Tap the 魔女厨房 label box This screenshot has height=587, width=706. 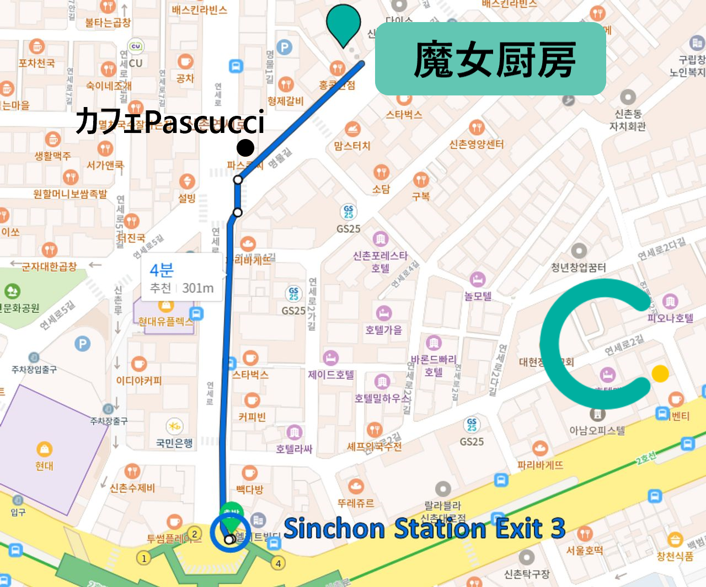(x=490, y=59)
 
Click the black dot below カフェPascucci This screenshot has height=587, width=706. (x=245, y=148)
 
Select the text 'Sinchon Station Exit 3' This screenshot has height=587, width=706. (x=424, y=529)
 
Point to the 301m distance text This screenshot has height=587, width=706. (x=198, y=288)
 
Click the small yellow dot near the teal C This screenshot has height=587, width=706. (x=660, y=373)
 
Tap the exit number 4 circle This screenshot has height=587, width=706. (x=279, y=563)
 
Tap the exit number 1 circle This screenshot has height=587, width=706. (x=144, y=558)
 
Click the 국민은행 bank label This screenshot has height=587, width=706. (x=174, y=442)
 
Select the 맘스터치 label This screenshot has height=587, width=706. (x=352, y=146)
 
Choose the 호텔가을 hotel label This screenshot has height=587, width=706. (x=383, y=330)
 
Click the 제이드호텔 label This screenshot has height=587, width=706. (x=331, y=375)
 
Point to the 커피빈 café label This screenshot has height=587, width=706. (x=252, y=417)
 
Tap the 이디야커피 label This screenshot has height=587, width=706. (x=138, y=381)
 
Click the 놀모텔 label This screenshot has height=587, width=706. (x=478, y=296)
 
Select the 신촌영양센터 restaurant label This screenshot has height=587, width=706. (x=477, y=145)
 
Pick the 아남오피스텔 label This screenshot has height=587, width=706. (x=597, y=430)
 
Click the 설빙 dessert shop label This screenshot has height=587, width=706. (x=187, y=198)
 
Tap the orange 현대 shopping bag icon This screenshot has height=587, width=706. (x=44, y=449)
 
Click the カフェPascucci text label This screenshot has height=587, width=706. (x=170, y=121)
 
